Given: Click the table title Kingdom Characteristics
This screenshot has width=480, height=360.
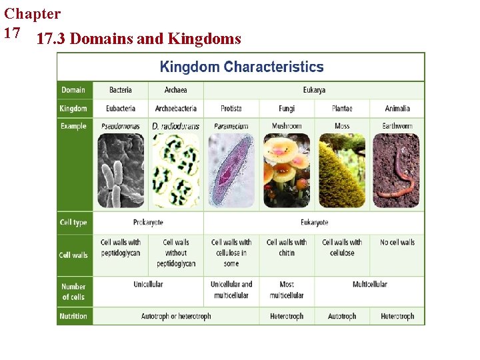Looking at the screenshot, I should pyautogui.click(x=241, y=67).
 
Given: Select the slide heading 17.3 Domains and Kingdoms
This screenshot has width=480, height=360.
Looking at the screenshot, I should pyautogui.click(x=139, y=39).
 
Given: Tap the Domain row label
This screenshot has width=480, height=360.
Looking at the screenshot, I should pyautogui.click(x=73, y=90).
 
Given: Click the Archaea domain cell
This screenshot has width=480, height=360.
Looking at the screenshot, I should pyautogui.click(x=175, y=90).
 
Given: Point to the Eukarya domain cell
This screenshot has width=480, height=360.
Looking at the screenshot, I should pyautogui.click(x=314, y=90).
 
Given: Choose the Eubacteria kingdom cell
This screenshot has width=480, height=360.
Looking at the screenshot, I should pyautogui.click(x=120, y=108).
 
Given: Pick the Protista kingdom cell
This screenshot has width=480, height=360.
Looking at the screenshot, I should pyautogui.click(x=231, y=108).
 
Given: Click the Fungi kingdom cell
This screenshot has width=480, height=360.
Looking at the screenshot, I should pyautogui.click(x=287, y=108).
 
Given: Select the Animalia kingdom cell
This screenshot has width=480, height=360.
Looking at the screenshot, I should pyautogui.click(x=397, y=108).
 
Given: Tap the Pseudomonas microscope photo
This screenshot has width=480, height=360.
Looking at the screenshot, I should pyautogui.click(x=121, y=171).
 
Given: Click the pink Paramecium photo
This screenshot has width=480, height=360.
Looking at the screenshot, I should pyautogui.click(x=231, y=171).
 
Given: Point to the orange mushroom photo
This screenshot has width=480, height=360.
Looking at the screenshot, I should pyautogui.click(x=287, y=171).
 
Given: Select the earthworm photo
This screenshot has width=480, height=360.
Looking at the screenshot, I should pyautogui.click(x=397, y=171).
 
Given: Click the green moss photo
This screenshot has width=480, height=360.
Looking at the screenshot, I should pyautogui.click(x=342, y=171).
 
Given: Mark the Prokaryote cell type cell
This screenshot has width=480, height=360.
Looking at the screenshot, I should pyautogui.click(x=148, y=222).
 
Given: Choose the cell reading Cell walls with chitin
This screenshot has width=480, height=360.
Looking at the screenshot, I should pyautogui.click(x=287, y=247).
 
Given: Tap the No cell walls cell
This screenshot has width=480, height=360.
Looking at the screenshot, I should pyautogui.click(x=397, y=242).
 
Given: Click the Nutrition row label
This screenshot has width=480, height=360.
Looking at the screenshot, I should pyautogui.click(x=73, y=316).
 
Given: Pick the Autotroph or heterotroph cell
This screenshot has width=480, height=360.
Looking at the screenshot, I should pyautogui.click(x=176, y=316).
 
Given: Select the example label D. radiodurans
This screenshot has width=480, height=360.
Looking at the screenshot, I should pyautogui.click(x=175, y=126).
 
